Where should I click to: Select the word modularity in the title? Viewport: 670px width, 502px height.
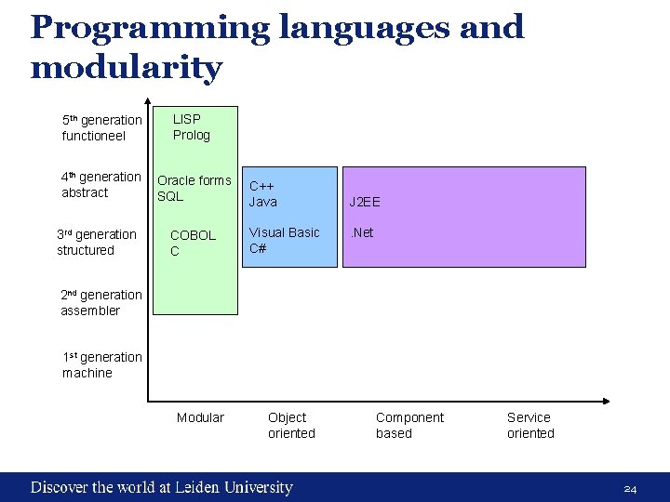pyautogui.click(x=127, y=68)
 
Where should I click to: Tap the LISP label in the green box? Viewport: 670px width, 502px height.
pyautogui.click(x=187, y=119)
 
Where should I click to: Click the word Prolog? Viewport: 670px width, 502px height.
pyautogui.click(x=192, y=136)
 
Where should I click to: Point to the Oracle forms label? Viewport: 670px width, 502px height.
pyautogui.click(x=194, y=180)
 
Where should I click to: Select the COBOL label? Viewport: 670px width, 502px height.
pyautogui.click(x=193, y=235)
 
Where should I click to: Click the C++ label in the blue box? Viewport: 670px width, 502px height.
pyautogui.click(x=261, y=186)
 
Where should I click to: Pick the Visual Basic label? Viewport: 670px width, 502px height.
pyautogui.click(x=284, y=232)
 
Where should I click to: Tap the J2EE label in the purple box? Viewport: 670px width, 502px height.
pyautogui.click(x=365, y=202)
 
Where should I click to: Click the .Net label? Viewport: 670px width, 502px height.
pyautogui.click(x=361, y=232)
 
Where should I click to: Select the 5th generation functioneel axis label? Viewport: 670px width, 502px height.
pyautogui.click(x=101, y=128)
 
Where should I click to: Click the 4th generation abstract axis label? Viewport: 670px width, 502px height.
pyautogui.click(x=100, y=185)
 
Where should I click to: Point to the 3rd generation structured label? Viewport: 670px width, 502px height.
pyautogui.click(x=96, y=243)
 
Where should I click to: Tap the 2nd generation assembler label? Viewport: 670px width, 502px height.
pyautogui.click(x=101, y=303)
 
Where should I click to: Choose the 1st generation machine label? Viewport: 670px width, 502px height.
pyautogui.click(x=101, y=365)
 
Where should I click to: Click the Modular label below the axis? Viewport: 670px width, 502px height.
pyautogui.click(x=200, y=418)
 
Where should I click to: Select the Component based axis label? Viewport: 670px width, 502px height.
pyautogui.click(x=409, y=426)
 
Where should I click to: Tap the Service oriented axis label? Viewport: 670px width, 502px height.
pyautogui.click(x=530, y=426)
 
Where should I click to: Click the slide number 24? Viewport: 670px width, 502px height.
pyautogui.click(x=630, y=489)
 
